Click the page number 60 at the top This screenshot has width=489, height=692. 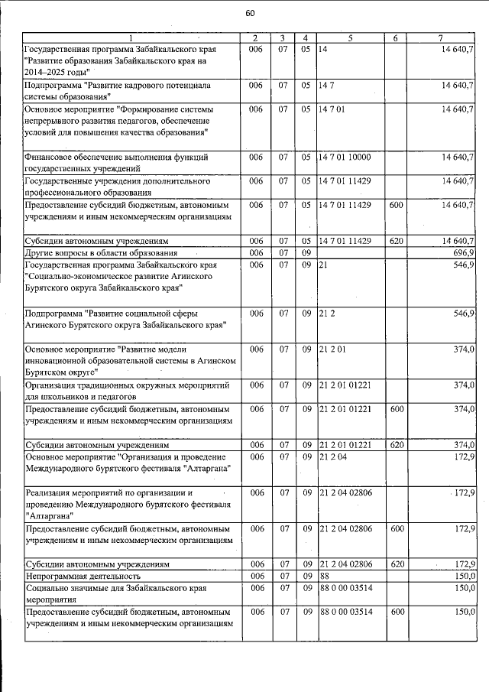[x=250, y=12]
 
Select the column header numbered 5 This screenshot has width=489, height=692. [x=351, y=38]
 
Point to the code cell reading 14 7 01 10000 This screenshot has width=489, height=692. [x=345, y=157]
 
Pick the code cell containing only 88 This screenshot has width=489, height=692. [x=325, y=574]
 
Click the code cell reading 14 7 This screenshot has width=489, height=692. [x=326, y=86]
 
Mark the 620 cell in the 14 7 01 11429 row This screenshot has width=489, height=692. [x=396, y=241]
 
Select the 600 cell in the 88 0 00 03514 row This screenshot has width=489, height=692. [x=396, y=612]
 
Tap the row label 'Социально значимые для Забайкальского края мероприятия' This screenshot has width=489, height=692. [x=112, y=591]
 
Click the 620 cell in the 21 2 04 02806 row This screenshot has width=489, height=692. [x=396, y=564]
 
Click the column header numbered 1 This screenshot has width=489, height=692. [x=130, y=38]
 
